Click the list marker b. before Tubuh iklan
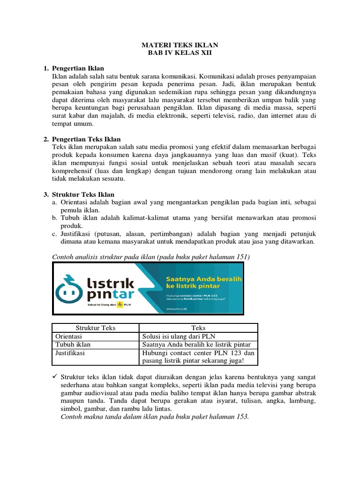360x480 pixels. (x=55, y=218)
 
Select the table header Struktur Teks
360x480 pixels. (x=95, y=328)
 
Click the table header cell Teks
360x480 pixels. (x=198, y=328)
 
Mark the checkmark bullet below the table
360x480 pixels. (x=54, y=377)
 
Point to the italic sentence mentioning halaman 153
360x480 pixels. (x=155, y=417)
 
